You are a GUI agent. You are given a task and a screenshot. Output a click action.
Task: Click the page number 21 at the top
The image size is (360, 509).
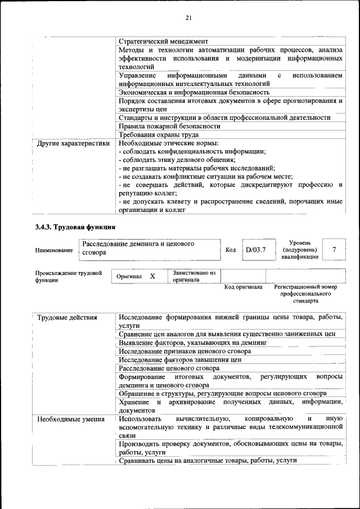pos(188,19)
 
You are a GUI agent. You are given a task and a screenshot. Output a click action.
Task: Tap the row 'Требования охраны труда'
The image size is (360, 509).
pos(158,134)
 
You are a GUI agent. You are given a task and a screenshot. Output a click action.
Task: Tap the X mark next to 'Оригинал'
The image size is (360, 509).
pos(152,277)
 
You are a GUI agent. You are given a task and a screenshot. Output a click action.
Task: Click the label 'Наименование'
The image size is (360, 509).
pos(53,250)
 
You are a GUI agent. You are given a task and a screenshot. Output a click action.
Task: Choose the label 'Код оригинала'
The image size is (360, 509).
pos(244,287)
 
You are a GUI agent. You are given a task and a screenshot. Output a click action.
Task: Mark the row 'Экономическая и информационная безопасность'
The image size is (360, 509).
pos(194,92)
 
